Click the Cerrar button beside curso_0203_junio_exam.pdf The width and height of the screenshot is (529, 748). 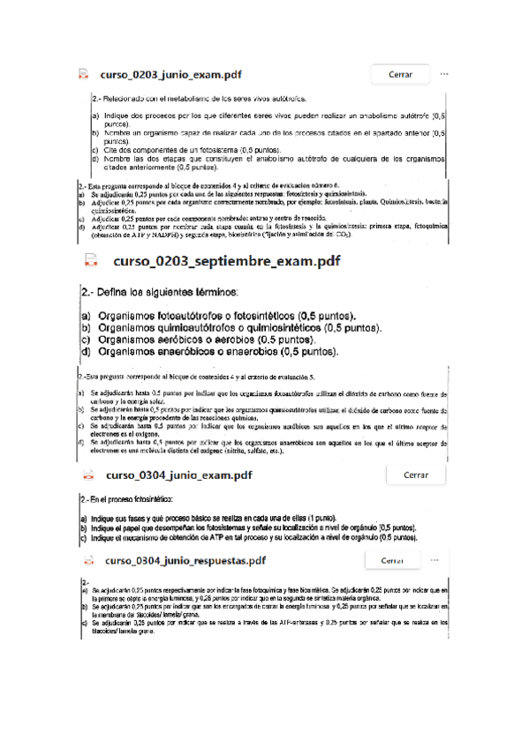400,75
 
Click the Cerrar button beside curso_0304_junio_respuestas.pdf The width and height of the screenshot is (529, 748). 393,560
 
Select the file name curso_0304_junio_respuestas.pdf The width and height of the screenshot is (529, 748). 185,560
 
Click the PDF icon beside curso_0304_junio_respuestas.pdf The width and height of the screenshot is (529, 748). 89,560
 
